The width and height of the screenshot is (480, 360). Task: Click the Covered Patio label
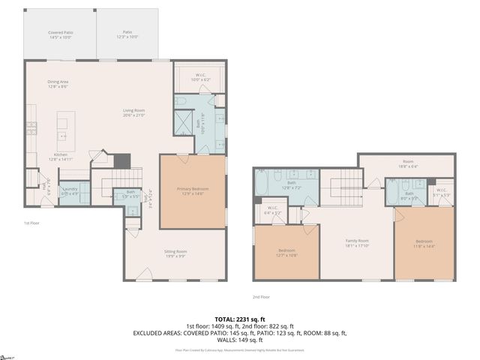(60, 34)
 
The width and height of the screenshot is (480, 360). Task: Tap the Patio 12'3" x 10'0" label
(127, 34)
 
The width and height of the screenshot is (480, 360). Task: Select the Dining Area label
(58, 84)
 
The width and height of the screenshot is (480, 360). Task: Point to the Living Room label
(134, 113)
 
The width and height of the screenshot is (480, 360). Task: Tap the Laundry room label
(70, 190)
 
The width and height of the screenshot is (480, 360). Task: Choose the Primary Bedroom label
(192, 190)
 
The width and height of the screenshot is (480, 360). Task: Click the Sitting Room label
(175, 253)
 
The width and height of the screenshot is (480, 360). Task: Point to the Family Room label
(356, 243)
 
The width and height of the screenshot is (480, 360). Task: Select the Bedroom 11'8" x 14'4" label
(424, 243)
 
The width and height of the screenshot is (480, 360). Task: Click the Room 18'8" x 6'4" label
(407, 163)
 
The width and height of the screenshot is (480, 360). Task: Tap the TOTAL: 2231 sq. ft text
(239, 318)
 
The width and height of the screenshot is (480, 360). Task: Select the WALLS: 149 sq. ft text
(239, 339)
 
